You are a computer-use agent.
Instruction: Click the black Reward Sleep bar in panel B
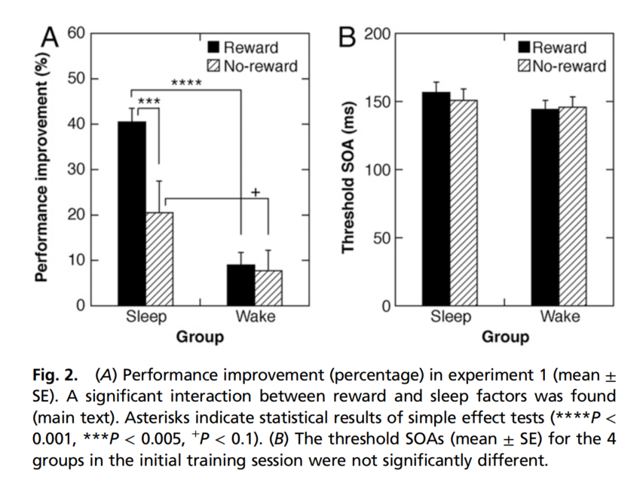point(436,200)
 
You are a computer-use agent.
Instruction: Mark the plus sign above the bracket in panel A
point(255,193)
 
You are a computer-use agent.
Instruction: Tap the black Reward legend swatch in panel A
point(213,47)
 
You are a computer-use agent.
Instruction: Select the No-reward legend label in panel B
point(569,66)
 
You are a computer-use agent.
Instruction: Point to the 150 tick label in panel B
point(376,102)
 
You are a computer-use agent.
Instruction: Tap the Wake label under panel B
point(559,316)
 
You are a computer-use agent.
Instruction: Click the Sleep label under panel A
point(145,316)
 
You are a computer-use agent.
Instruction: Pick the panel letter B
point(348,35)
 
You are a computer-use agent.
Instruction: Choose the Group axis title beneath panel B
point(505,337)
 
